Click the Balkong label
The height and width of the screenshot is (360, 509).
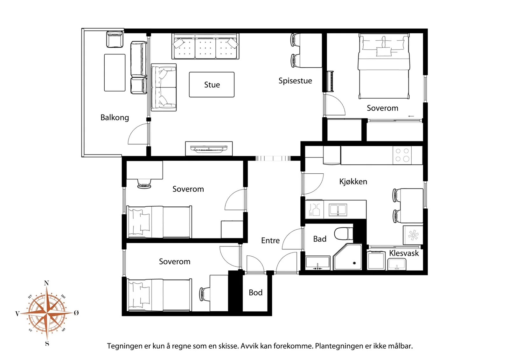point(115,118)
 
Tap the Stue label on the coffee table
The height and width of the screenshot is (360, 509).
point(212,85)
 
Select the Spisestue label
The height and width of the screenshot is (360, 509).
point(295,81)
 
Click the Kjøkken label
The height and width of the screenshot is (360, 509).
point(353,182)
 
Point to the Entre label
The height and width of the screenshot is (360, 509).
point(270,240)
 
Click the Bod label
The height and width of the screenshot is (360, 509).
point(256,293)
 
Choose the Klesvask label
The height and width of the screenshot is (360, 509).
point(404,253)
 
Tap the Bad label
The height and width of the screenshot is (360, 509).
point(320,239)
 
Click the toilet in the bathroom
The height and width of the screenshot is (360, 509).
point(344,234)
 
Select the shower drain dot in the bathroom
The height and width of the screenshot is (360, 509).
point(354,263)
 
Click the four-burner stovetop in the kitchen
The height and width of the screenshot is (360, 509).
point(402,155)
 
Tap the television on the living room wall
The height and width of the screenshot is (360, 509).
point(209,149)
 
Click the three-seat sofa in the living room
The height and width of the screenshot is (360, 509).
point(206,46)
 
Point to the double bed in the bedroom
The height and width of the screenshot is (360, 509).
point(384,66)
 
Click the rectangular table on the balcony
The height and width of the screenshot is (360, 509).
point(115,73)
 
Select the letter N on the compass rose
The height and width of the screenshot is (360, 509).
point(46,283)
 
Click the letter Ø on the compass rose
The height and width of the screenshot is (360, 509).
point(76,313)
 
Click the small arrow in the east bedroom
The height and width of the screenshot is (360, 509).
point(411,116)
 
